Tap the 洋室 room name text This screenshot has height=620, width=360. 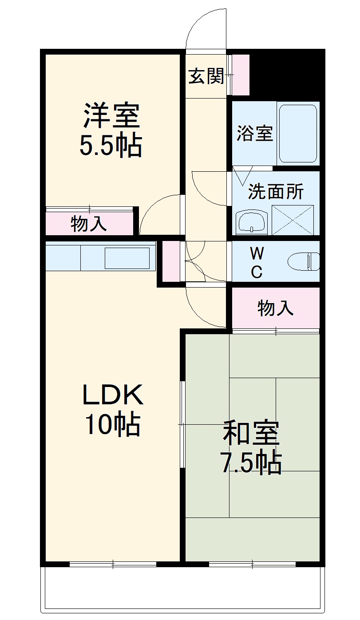coord(111,116)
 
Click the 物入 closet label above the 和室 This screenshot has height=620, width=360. coord(276,308)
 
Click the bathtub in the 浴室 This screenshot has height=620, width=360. coord(298,134)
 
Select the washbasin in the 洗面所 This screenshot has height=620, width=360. coord(252,221)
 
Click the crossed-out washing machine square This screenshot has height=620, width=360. coord(293,220)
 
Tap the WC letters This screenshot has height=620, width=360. coord(257,263)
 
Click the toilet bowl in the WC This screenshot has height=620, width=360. coord(304,261)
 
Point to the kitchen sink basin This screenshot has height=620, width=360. coord(127,258)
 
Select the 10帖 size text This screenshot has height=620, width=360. coord(113,425)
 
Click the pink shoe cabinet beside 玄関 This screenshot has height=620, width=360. coord(241,75)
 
